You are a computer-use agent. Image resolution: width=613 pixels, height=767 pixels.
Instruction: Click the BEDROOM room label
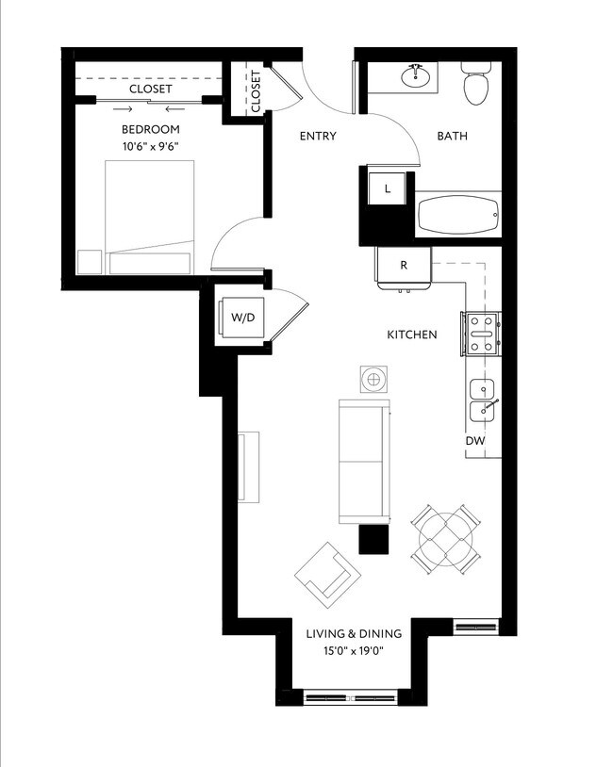[150, 129]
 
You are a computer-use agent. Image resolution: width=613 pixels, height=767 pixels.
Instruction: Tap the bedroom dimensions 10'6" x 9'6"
[150, 146]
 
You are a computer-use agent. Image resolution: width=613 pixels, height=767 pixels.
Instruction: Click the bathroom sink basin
[414, 74]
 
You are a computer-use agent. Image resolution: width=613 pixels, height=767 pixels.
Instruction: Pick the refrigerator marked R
[404, 266]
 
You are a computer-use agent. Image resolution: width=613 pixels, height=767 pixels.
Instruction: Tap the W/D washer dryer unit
[242, 318]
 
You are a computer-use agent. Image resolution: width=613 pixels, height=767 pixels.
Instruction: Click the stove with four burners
[480, 334]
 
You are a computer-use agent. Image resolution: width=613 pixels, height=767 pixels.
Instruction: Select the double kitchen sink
[484, 400]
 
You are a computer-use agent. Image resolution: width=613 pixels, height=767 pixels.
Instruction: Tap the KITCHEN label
[412, 335]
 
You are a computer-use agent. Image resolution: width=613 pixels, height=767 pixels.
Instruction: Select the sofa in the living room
[364, 460]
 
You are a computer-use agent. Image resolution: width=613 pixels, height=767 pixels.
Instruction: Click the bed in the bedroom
[151, 217]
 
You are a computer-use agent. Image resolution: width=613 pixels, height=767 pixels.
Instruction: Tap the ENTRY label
[318, 137]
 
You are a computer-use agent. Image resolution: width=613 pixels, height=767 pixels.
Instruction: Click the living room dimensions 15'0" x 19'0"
[354, 651]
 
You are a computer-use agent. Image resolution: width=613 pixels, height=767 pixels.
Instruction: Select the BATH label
[452, 137]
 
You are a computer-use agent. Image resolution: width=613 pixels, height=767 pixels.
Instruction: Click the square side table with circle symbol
[374, 379]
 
